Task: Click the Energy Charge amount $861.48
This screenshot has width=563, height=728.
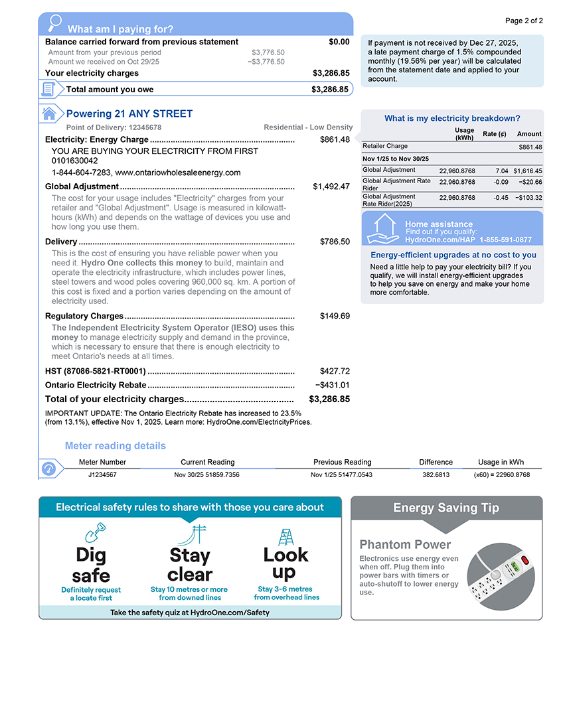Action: (x=335, y=139)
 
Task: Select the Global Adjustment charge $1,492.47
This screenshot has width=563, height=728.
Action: (x=331, y=186)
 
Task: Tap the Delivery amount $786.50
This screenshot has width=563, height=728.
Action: (x=335, y=242)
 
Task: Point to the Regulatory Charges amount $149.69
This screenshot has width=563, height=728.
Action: (x=335, y=316)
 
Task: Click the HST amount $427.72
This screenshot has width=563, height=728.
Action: (x=335, y=371)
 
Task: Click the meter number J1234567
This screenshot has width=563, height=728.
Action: (x=102, y=475)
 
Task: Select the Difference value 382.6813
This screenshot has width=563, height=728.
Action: (x=436, y=475)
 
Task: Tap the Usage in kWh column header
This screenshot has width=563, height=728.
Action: (x=501, y=462)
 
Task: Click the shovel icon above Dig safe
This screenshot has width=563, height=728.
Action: (x=94, y=532)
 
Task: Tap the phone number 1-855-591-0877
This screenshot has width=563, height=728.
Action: (x=505, y=240)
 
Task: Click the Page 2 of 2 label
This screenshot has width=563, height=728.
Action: (x=524, y=21)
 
